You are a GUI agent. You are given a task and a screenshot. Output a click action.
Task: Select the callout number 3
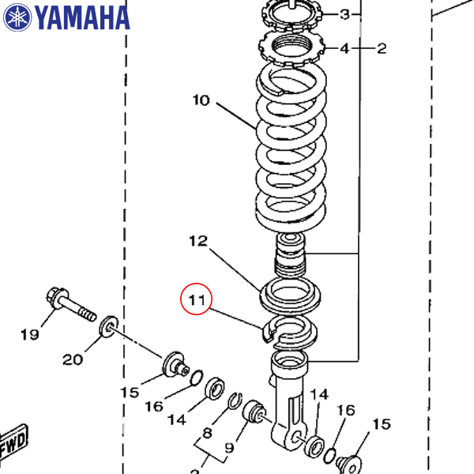345,15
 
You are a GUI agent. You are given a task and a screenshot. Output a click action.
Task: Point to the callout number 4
344,49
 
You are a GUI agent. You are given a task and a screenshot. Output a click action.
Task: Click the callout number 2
382,49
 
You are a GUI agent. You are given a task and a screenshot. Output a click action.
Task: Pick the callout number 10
201,100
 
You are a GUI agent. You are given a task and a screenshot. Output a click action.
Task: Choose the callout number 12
197,240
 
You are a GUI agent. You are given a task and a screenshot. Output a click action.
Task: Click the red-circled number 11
196,300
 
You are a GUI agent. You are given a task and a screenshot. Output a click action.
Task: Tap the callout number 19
29,335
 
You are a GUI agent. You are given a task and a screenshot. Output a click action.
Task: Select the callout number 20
73,359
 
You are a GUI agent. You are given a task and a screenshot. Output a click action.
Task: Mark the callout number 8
207,432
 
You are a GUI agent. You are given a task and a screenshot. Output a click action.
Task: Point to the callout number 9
229,448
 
